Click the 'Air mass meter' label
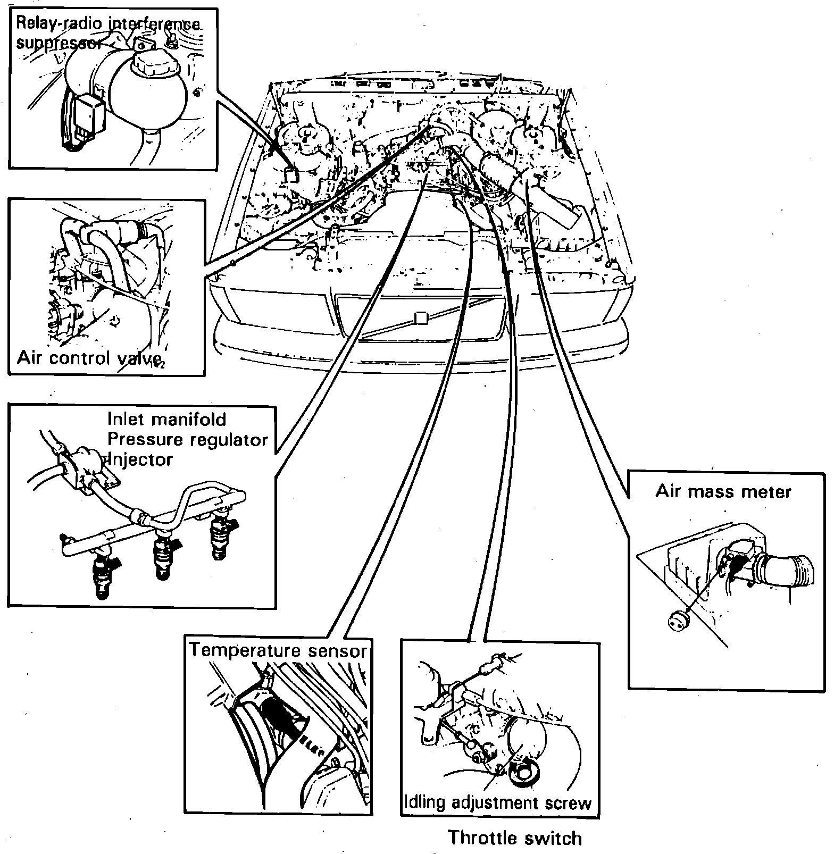[723, 491]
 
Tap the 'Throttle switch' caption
[515, 838]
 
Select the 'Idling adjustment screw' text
[498, 802]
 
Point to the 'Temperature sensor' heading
[278, 650]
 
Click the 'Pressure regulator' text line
[188, 440]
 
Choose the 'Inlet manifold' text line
[167, 419]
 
